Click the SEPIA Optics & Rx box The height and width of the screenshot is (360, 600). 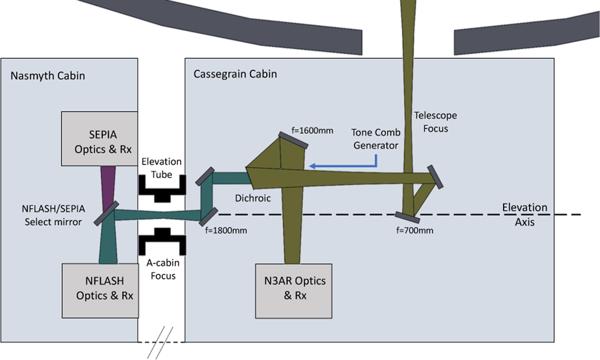coord(99,138)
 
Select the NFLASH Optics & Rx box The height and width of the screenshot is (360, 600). coord(99,290)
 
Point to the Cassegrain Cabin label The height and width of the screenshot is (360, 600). coord(235,74)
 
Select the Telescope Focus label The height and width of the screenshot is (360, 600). coord(435,121)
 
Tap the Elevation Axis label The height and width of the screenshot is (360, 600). coord(524,214)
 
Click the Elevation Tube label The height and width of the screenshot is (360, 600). coord(161,168)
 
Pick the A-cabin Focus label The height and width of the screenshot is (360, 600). coord(161,269)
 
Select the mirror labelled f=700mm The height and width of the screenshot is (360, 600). coord(406,216)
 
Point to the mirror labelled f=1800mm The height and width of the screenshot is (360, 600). coord(208,215)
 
